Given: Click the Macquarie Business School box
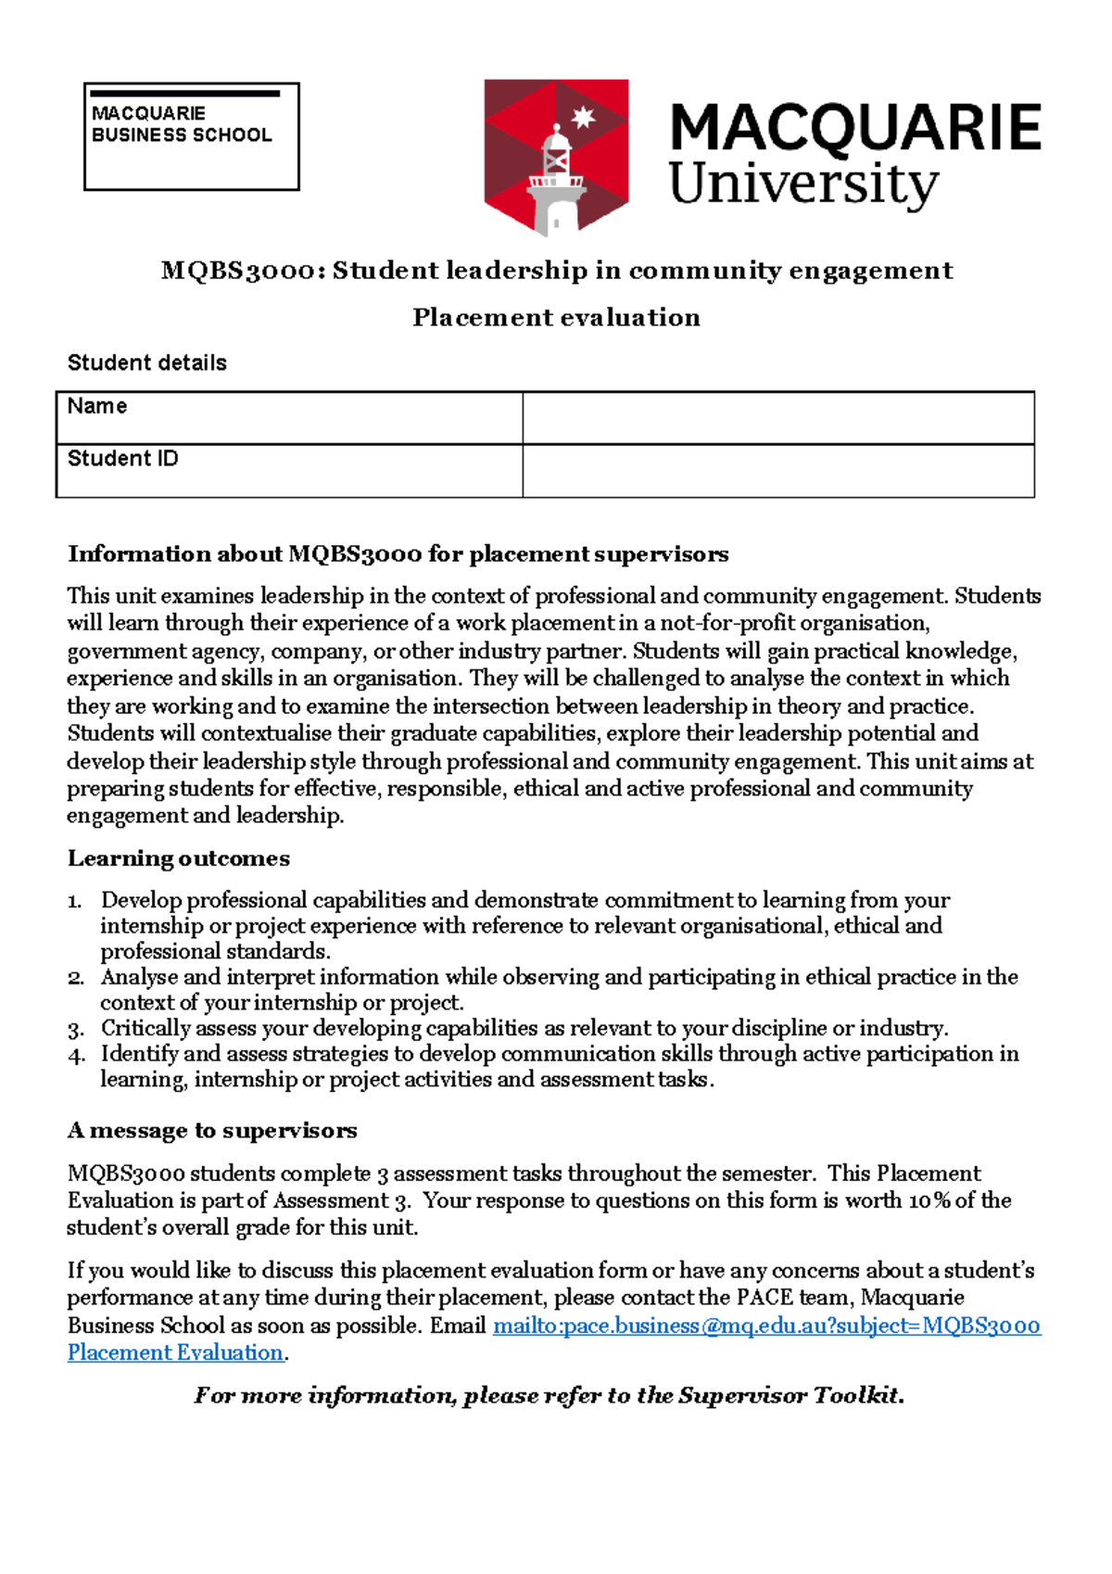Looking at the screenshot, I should click(191, 136).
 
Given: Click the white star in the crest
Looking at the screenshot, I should click(583, 118).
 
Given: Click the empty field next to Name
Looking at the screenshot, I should click(777, 418).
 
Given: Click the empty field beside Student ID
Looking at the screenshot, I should click(777, 471).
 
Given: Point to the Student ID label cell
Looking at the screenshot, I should click(288, 471).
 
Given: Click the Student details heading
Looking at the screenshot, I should click(146, 362).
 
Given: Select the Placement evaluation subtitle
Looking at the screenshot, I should click(556, 317).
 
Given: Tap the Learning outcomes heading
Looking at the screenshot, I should click(178, 858).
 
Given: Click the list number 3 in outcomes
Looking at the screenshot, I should click(76, 1029).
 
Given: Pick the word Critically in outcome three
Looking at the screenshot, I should click(145, 1028).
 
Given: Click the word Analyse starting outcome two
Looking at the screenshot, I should click(139, 977).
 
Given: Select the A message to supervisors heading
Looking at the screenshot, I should click(211, 1130).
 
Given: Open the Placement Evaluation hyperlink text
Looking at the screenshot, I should click(175, 1352).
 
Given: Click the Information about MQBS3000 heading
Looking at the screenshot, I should click(398, 554).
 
